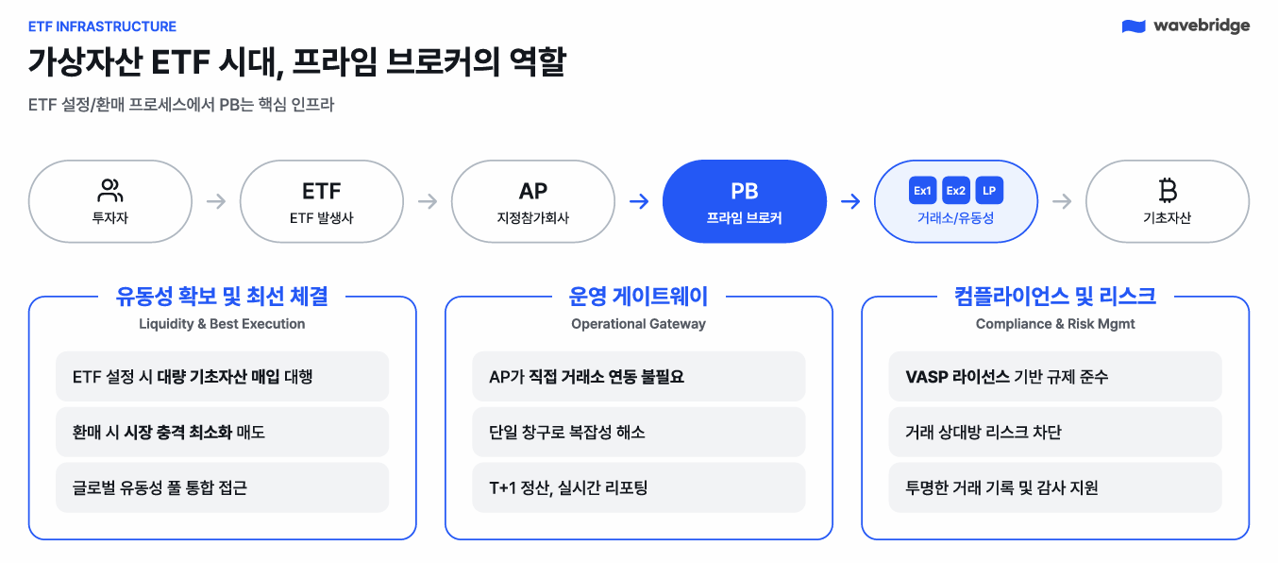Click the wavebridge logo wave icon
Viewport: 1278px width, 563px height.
click(1134, 26)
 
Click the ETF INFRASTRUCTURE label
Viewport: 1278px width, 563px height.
click(103, 26)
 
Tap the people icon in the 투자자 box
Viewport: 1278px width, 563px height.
click(110, 191)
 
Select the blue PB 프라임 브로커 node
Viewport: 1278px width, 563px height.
click(745, 201)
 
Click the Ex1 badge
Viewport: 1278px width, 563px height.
click(922, 191)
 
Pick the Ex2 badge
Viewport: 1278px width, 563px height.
click(956, 191)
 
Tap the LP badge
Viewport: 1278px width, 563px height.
click(989, 191)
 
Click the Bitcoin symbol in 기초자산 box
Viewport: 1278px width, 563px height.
click(1168, 192)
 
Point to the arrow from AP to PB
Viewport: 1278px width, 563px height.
click(639, 201)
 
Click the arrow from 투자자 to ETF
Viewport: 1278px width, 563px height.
click(216, 201)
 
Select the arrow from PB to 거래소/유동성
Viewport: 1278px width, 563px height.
click(850, 201)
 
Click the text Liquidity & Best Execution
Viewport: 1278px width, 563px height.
click(222, 324)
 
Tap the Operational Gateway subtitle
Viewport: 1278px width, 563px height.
click(638, 324)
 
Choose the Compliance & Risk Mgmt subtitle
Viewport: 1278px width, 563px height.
click(1055, 324)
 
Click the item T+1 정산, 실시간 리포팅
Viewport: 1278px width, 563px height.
click(568, 487)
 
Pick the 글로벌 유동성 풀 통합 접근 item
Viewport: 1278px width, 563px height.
click(160, 487)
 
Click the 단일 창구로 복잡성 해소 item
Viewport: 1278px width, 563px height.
click(567, 433)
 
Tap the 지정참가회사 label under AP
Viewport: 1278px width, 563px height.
click(533, 218)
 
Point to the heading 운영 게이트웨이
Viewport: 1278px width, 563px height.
click(638, 297)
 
